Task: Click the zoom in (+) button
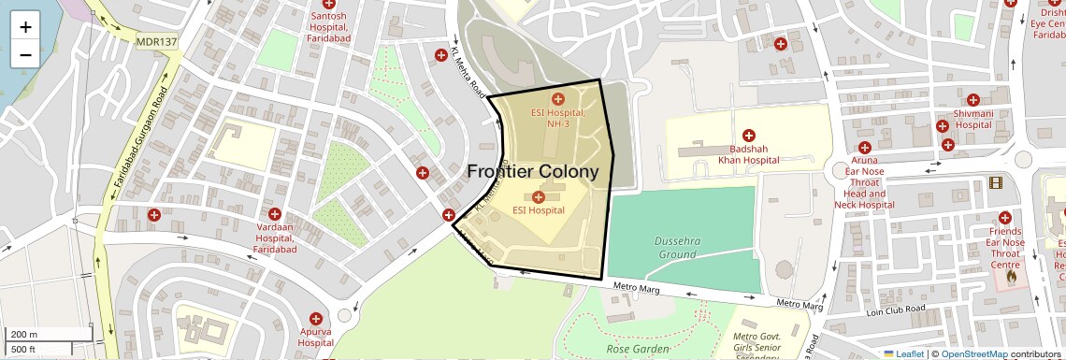pyautogui.click(x=25, y=26)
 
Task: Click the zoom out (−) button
pyautogui.click(x=25, y=54)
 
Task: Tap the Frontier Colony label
pyautogui.click(x=532, y=172)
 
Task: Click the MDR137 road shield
pyautogui.click(x=156, y=42)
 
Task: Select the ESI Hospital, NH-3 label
pyautogui.click(x=558, y=119)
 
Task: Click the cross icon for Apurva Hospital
pyautogui.click(x=316, y=319)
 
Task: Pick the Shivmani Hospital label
pyautogui.click(x=972, y=119)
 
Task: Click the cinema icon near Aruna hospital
pyautogui.click(x=995, y=183)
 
